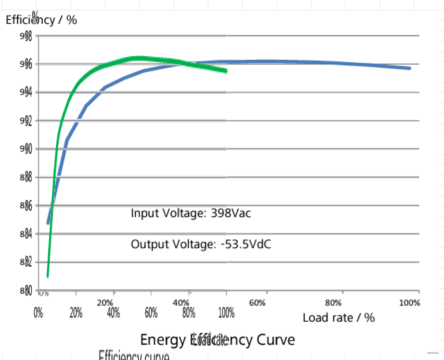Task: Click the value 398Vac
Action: (231, 213)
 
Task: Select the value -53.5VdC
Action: (246, 244)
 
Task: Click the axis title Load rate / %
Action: (339, 317)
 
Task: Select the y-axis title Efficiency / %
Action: (41, 20)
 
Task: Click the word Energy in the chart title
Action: (163, 340)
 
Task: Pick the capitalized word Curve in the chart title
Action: (276, 340)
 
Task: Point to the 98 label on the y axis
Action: (26, 37)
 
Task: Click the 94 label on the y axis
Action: (26, 93)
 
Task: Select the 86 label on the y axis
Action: (26, 206)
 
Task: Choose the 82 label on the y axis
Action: (26, 262)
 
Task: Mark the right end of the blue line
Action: (409, 68)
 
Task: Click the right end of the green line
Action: (225, 70)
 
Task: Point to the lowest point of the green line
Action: (48, 276)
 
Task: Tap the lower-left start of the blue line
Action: (48, 223)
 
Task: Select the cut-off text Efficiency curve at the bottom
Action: (134, 356)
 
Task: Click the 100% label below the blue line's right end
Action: (409, 303)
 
